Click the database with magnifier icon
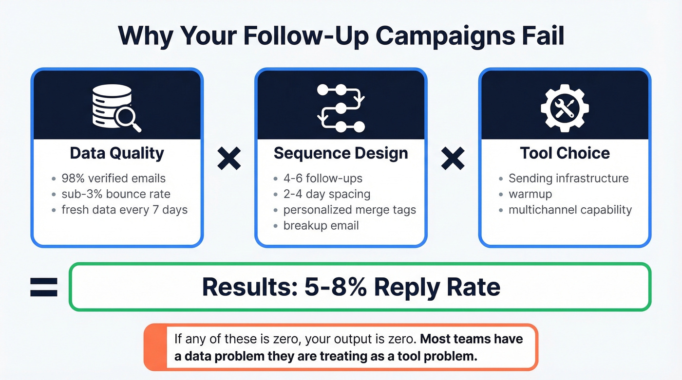click(116, 108)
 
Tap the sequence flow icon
click(341, 108)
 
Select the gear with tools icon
click(565, 108)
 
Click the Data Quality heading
click(117, 153)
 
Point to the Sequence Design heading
click(341, 153)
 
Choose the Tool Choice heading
click(565, 153)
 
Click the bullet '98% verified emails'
click(114, 179)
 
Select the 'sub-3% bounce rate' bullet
click(116, 194)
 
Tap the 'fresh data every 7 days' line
click(124, 210)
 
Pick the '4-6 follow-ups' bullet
click(322, 179)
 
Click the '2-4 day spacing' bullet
click(326, 194)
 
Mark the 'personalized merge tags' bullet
click(349, 210)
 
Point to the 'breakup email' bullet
click(321, 225)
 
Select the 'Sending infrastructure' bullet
click(568, 179)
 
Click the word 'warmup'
click(530, 194)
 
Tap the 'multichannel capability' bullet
click(570, 210)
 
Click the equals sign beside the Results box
click(44, 287)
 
